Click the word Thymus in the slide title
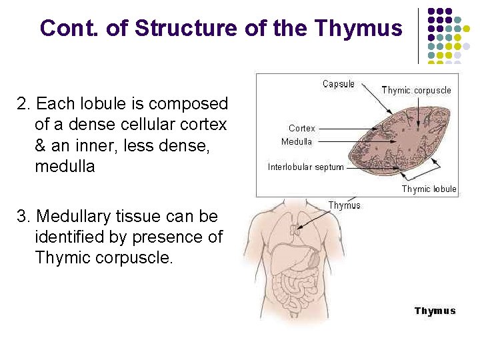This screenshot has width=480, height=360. pos(358,29)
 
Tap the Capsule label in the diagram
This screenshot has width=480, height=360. pos(339,84)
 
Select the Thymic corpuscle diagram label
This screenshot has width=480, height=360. pos(416,90)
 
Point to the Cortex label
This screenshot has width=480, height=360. pos(302,128)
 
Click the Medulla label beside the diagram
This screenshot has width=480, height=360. pos(297,141)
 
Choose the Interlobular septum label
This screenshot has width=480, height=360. pos(306,167)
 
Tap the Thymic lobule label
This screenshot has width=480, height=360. pos(429,189)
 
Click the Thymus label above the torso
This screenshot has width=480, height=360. pos(344,205)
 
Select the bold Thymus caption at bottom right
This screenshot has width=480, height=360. pos(435,311)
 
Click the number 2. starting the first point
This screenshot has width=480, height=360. pos(24,105)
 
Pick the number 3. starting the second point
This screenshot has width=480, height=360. pos(24,217)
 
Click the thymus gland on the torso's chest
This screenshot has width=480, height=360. pos(295,231)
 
